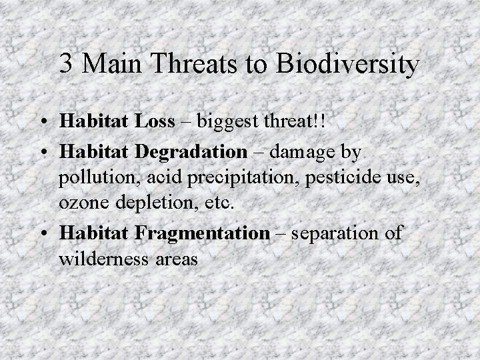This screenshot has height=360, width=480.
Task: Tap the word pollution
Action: (x=92, y=179)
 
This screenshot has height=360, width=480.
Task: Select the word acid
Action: (x=154, y=179)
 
